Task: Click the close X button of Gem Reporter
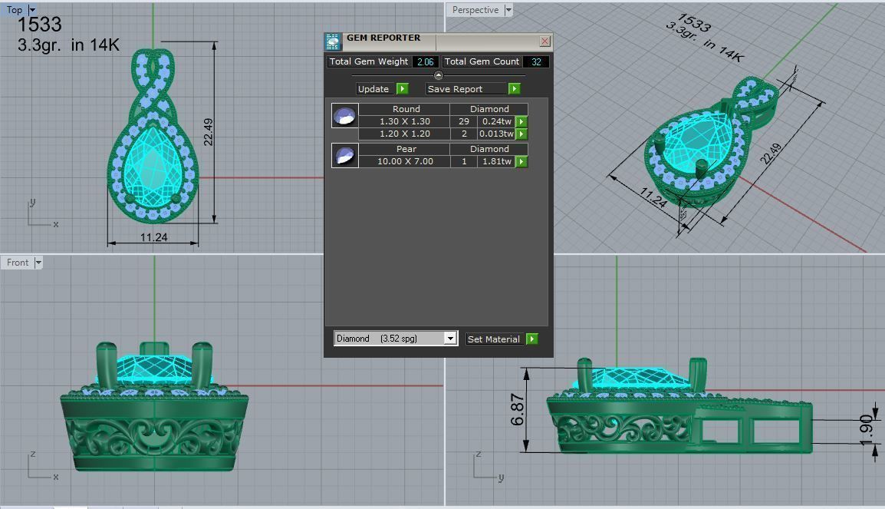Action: coord(544,41)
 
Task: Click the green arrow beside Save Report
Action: coord(514,89)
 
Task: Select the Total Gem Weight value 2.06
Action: coord(425,61)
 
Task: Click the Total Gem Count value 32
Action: coord(535,61)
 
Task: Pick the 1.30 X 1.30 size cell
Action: coord(404,121)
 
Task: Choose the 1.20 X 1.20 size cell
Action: coord(404,134)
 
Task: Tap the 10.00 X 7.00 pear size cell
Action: coord(404,161)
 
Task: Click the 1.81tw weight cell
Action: coord(496,161)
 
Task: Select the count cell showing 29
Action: coord(463,121)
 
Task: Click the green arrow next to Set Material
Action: coord(532,339)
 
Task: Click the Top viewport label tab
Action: coord(15,10)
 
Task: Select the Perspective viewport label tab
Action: coord(475,10)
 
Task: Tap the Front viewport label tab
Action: coord(18,263)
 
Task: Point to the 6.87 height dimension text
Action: coord(518,410)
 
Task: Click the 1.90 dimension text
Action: coord(866,431)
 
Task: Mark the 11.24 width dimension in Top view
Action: coord(153,237)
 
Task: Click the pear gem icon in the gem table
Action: coord(344,155)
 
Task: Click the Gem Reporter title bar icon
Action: coord(333,41)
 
